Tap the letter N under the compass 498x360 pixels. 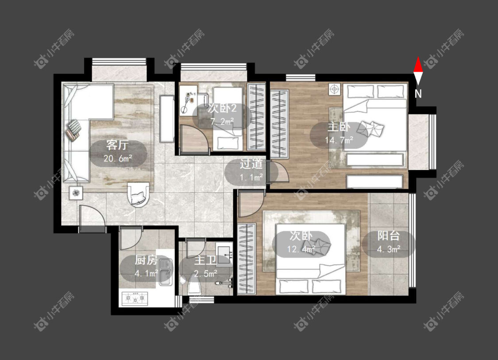point(418,94)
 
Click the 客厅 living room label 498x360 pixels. point(117,145)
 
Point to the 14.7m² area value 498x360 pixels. point(339,140)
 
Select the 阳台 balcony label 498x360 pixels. point(388,236)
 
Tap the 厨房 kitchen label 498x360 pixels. point(146,260)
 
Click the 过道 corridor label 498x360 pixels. point(251,164)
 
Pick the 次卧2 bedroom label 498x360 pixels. point(222,108)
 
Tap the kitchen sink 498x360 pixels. point(166,272)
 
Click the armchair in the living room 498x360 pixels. point(138,194)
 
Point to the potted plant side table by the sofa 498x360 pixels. point(76,193)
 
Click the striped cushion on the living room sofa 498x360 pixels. point(73,130)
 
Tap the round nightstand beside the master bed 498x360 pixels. point(334,89)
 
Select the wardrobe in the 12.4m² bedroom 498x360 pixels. point(247,259)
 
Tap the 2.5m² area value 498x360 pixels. point(206,273)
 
